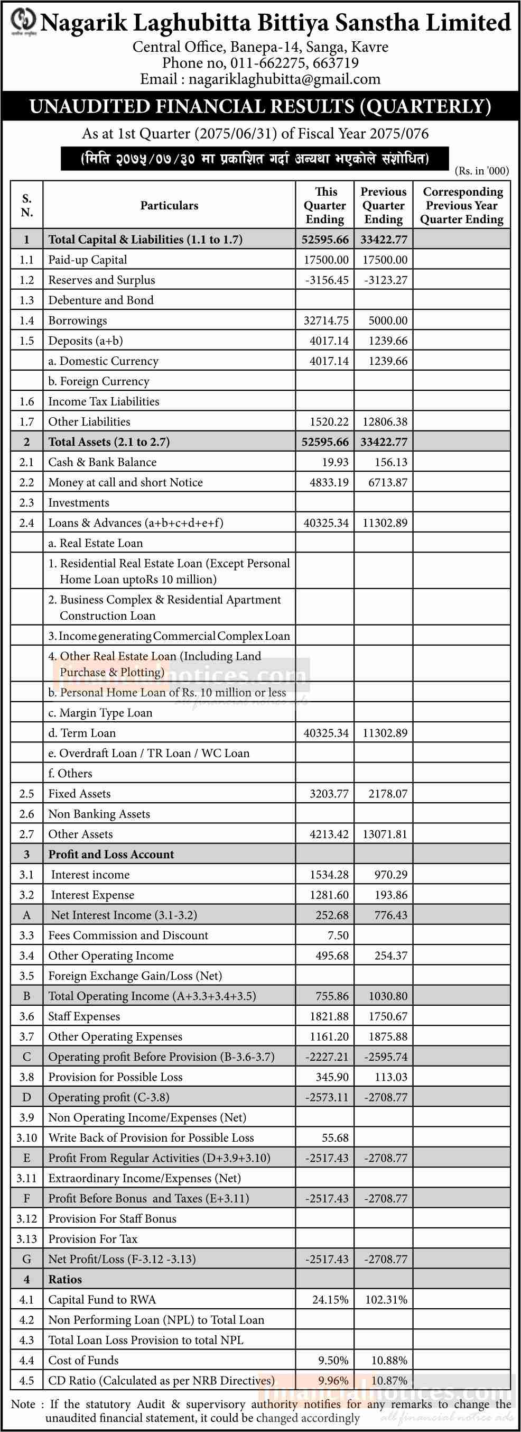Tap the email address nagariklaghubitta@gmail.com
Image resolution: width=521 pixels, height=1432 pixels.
[x=284, y=79]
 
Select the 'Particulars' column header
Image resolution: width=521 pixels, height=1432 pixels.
[x=169, y=206]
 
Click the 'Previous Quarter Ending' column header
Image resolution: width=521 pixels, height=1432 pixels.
[x=383, y=206]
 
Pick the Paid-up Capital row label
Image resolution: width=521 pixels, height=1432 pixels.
[x=88, y=260]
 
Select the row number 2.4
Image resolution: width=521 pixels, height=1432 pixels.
[x=26, y=523]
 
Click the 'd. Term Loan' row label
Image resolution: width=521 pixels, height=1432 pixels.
[x=82, y=733]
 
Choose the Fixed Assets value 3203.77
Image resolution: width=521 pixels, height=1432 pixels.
[x=329, y=794]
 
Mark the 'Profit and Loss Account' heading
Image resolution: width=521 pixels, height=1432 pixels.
[x=111, y=855]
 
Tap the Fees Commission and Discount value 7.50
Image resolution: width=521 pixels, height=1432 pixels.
[x=338, y=935]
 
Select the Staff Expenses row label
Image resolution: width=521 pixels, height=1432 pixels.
[x=84, y=1017]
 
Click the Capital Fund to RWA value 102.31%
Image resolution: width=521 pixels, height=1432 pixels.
[x=386, y=1300]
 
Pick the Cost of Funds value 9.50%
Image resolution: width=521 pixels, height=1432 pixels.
[x=333, y=1360]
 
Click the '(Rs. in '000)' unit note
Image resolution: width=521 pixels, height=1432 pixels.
[x=481, y=171]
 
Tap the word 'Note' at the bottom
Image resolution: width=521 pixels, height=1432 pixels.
[x=23, y=1404]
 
